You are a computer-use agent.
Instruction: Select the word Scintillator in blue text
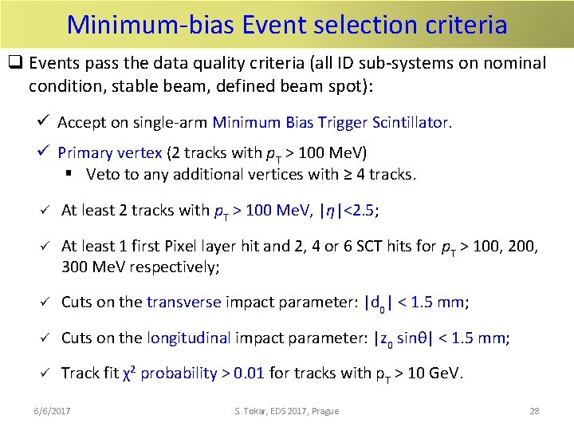coord(411,122)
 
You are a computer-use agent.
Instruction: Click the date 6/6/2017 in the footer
coord(52,411)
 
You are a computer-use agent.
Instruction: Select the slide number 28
coord(534,411)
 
